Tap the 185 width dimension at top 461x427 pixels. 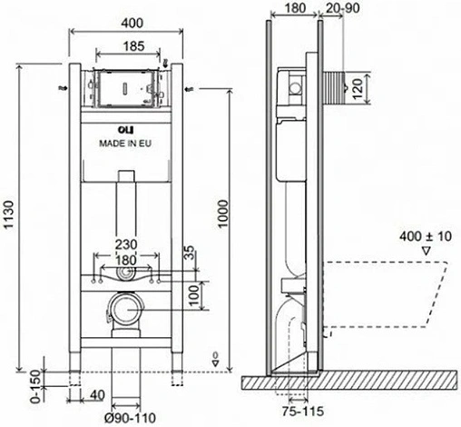[133, 46]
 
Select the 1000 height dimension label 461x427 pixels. [223, 213]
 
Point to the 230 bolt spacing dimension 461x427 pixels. [126, 244]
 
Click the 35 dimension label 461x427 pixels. [190, 253]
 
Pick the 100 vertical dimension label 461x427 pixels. [195, 295]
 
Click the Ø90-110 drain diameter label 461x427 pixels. [130, 418]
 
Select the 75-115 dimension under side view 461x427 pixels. [303, 412]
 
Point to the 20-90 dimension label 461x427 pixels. [343, 8]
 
